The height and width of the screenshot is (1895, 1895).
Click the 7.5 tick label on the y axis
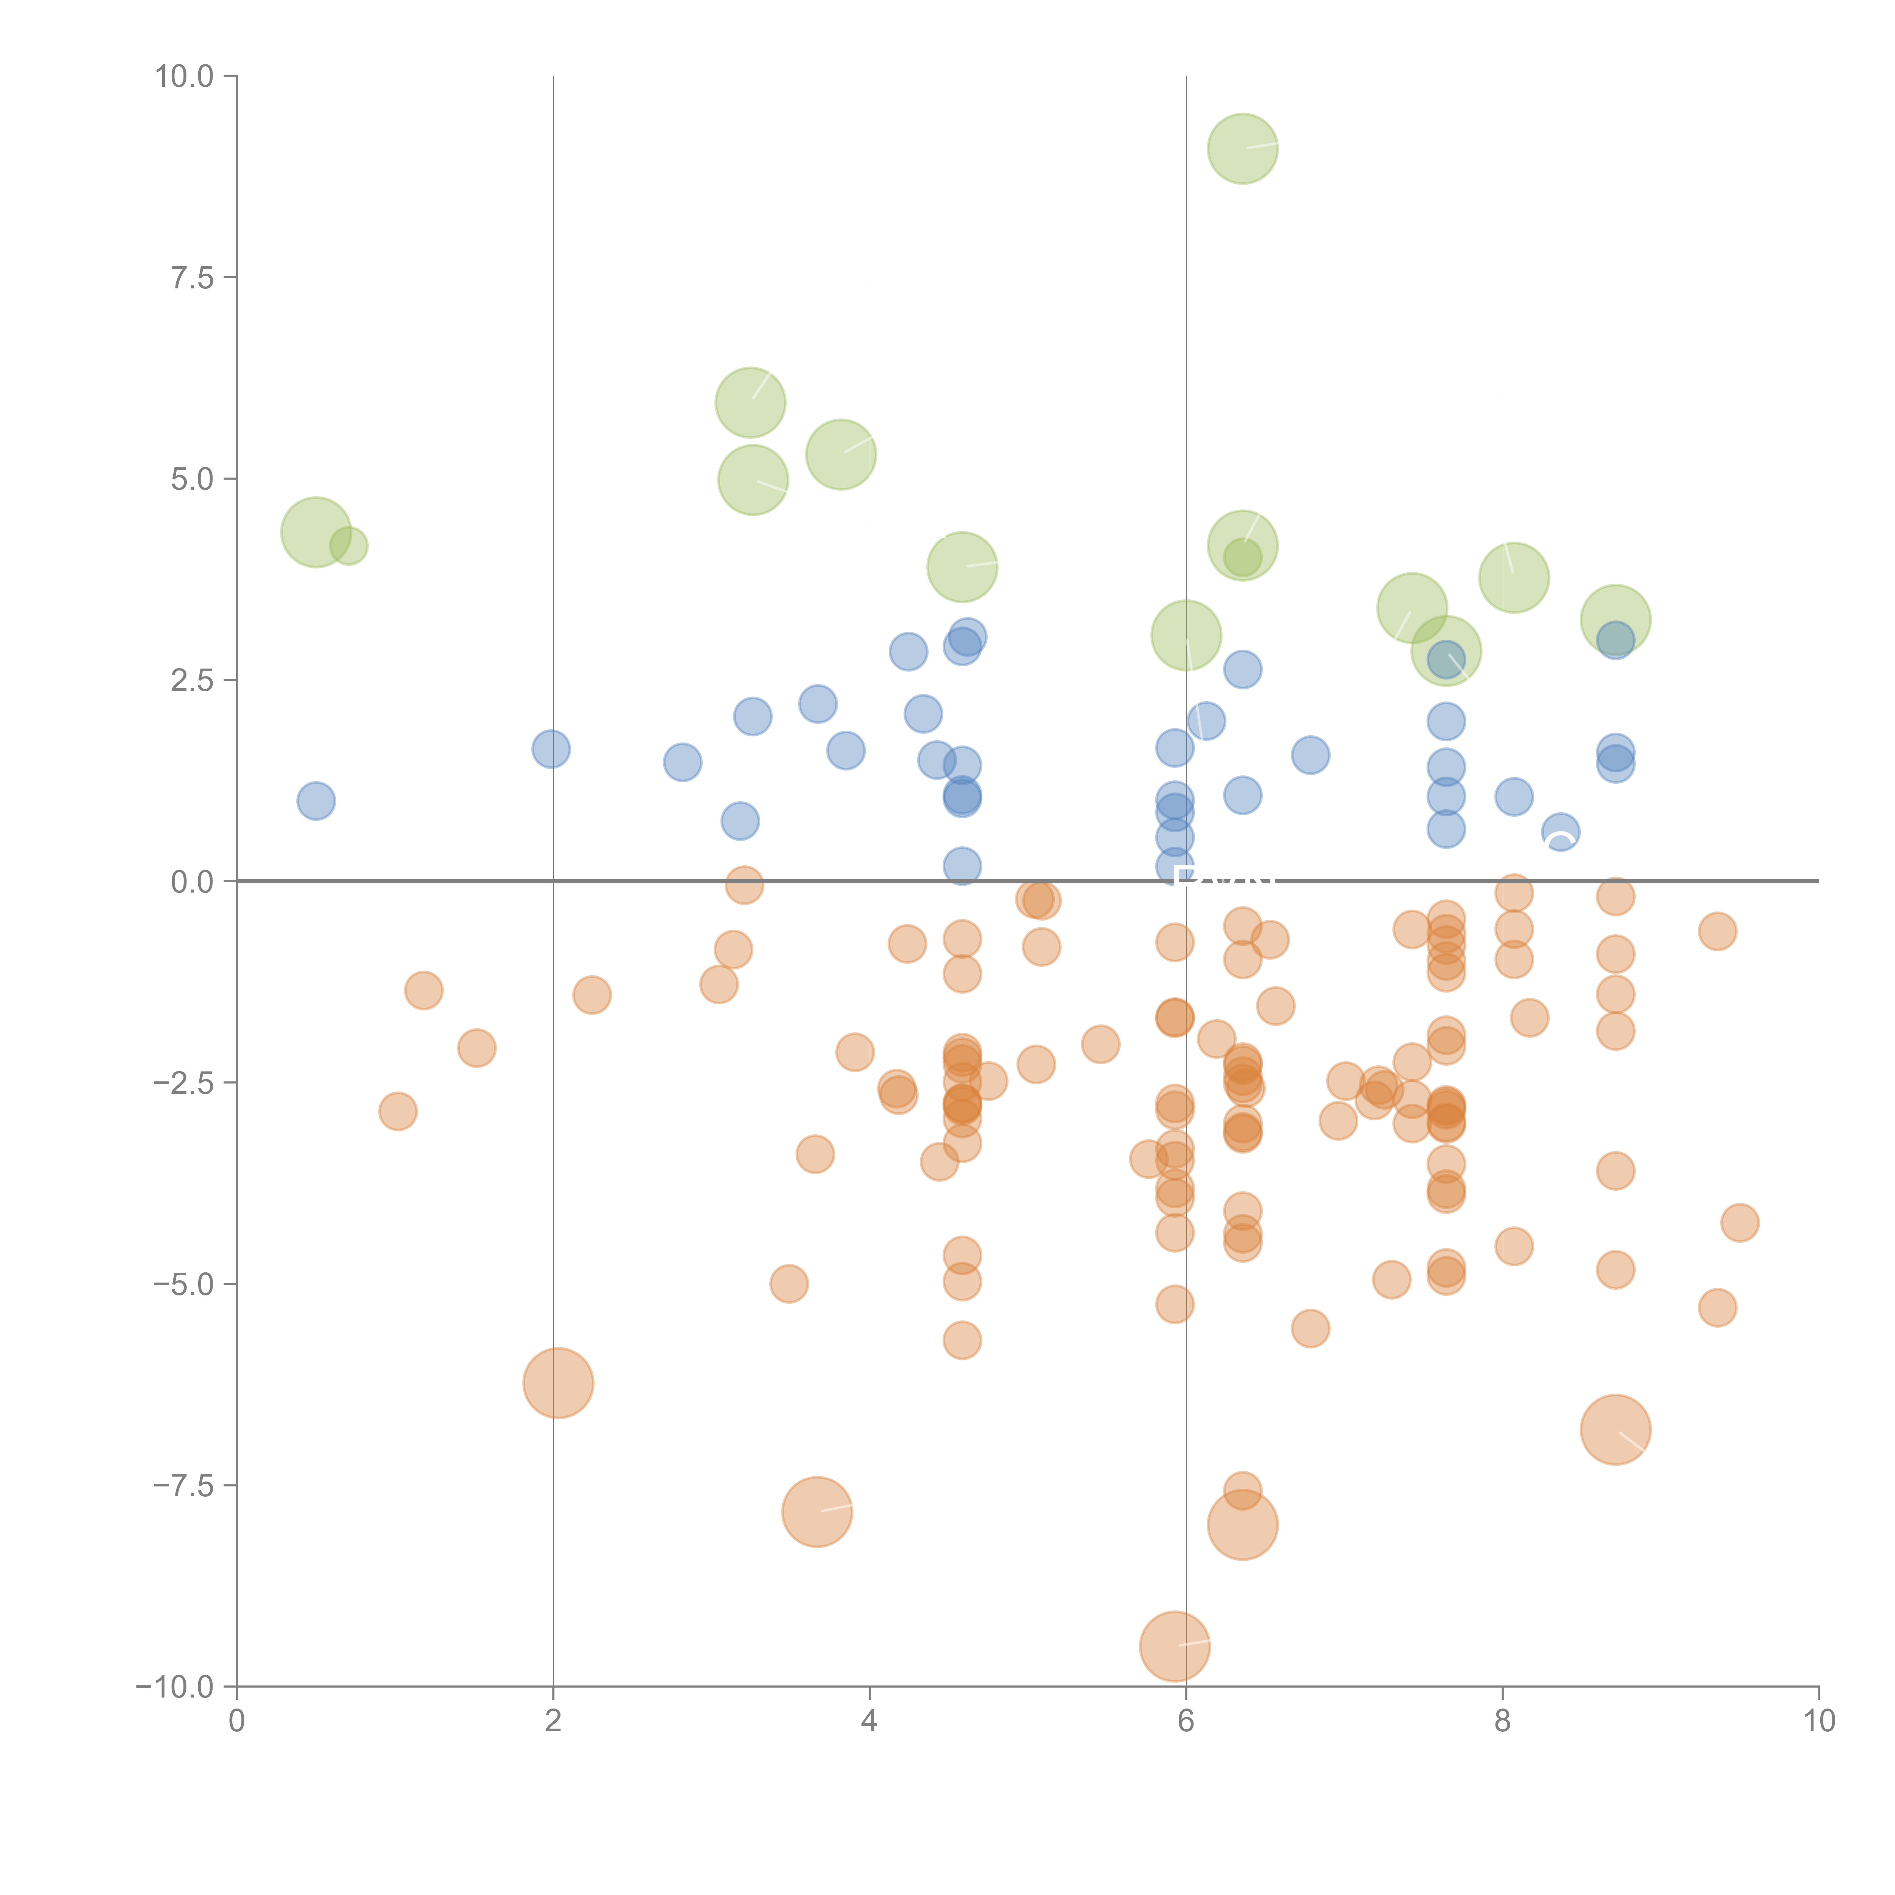point(192,277)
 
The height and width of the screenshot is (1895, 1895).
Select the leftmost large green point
point(316,532)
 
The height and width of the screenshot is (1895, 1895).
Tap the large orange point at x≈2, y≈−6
point(558,1383)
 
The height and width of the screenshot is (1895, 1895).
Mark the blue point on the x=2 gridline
point(551,749)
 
